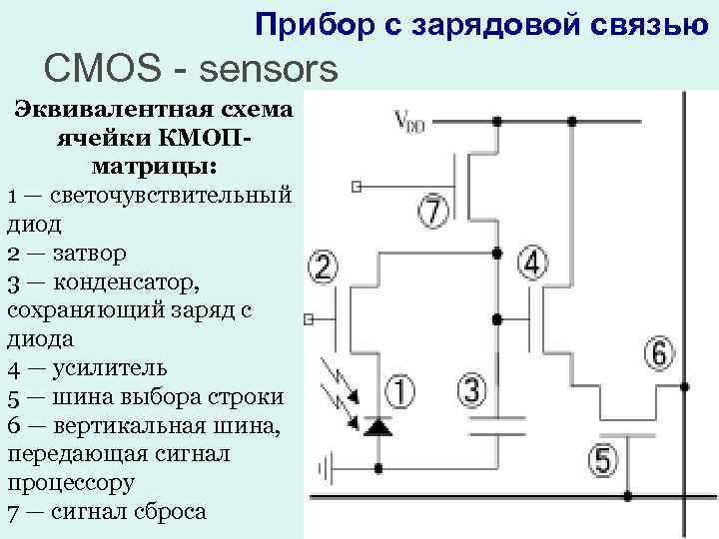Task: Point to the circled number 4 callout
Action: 533,264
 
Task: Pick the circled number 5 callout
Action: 602,460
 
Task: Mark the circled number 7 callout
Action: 433,212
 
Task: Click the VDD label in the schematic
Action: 410,122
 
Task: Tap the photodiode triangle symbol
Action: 377,427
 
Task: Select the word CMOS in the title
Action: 92,70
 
